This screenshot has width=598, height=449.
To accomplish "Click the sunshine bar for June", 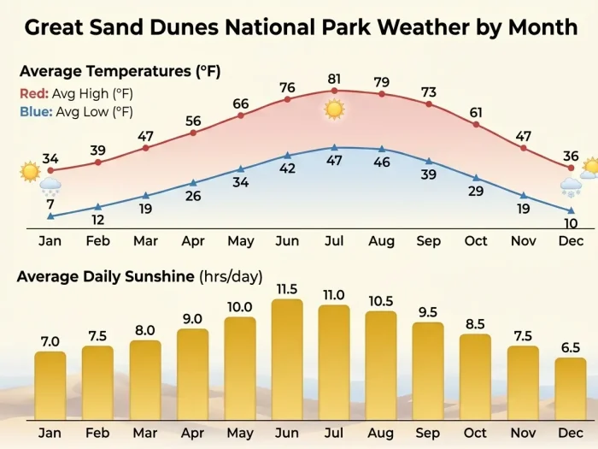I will coord(287,359).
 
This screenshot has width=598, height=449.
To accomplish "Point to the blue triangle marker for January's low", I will coord(50,216).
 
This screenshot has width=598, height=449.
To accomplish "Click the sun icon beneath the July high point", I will coord(334,109).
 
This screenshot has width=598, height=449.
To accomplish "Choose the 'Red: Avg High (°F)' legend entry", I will coord(75,93).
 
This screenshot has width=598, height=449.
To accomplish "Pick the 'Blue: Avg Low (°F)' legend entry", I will coord(75,111).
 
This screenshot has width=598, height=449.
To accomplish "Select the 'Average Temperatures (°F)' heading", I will coord(120,71).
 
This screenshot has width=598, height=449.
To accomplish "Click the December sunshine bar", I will coord(571,388).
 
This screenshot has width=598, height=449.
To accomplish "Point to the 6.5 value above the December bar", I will coord(571,346).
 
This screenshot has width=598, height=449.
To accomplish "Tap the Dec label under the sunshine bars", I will coord(571,433).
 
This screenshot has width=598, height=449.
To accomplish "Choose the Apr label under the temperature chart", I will coord(193,240).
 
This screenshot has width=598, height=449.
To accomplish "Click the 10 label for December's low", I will coord(571,224).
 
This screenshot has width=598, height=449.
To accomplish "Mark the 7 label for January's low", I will coord(50,204).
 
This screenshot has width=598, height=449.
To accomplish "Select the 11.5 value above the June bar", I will coord(287,288).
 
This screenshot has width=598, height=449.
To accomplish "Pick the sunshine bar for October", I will coord(476,376).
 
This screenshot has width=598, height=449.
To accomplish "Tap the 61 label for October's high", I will coord(476,112).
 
